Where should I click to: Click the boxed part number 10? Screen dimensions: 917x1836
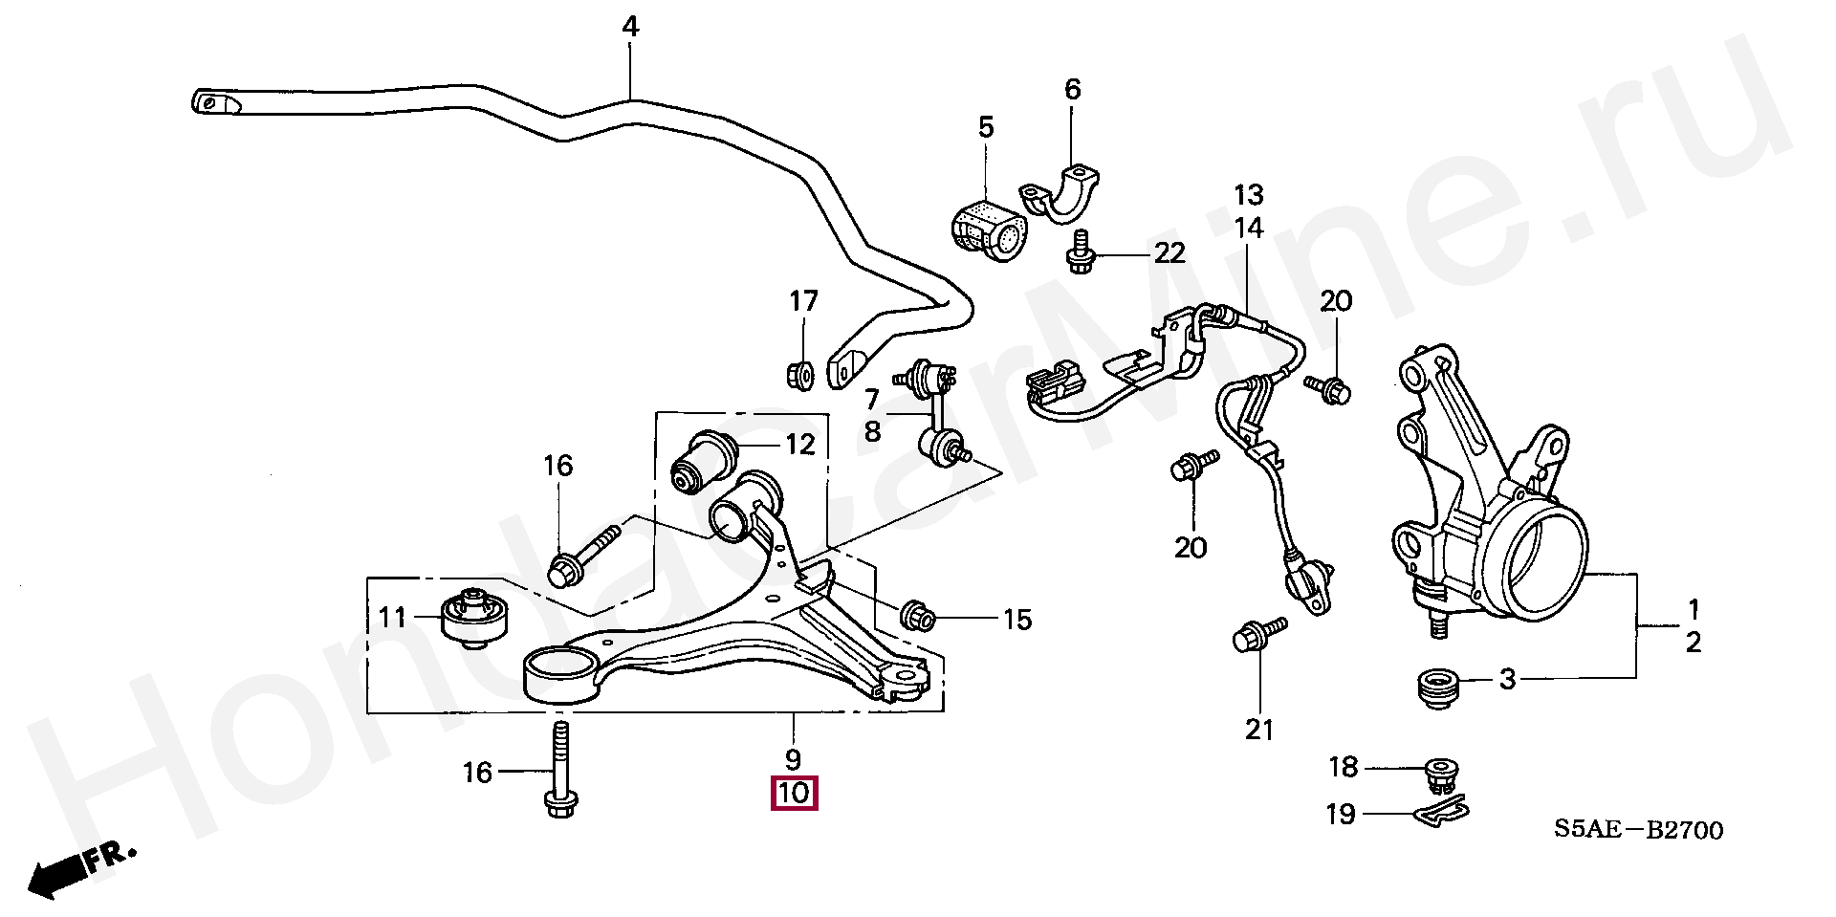pyautogui.click(x=795, y=794)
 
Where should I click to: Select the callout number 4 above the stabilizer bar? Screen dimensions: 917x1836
pyautogui.click(x=629, y=27)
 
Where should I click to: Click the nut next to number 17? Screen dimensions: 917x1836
pyautogui.click(x=799, y=375)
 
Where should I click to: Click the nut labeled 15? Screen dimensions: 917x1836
pyautogui.click(x=919, y=616)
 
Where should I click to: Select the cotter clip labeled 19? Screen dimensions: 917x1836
pyautogui.click(x=1439, y=812)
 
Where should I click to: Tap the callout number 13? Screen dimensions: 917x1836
pyautogui.click(x=1248, y=195)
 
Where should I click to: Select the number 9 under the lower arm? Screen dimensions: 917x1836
pyautogui.click(x=793, y=760)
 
